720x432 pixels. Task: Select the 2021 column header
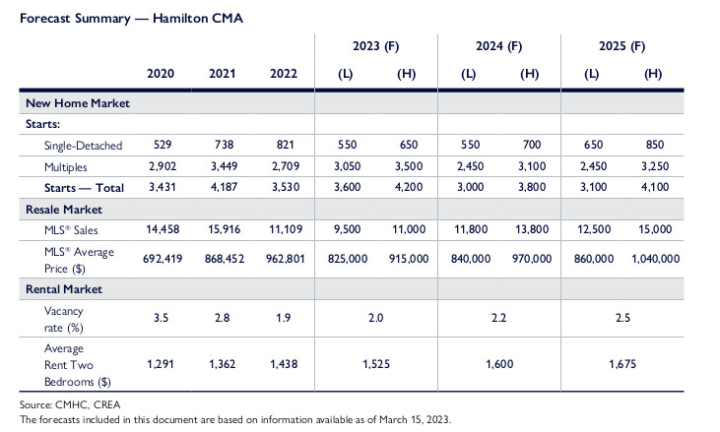click(223, 74)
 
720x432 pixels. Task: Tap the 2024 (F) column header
click(498, 46)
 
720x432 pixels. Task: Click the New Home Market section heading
click(78, 102)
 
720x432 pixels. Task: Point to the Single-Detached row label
click(82, 145)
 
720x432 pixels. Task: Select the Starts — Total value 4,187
click(223, 188)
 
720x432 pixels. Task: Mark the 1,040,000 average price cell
click(652, 259)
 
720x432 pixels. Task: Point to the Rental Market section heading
click(66, 288)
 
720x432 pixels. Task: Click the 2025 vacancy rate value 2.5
click(622, 319)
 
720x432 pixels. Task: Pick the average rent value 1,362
click(223, 364)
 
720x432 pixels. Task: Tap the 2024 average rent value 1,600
click(498, 364)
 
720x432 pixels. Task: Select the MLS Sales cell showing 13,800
click(529, 230)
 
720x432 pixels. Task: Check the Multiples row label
click(66, 166)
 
